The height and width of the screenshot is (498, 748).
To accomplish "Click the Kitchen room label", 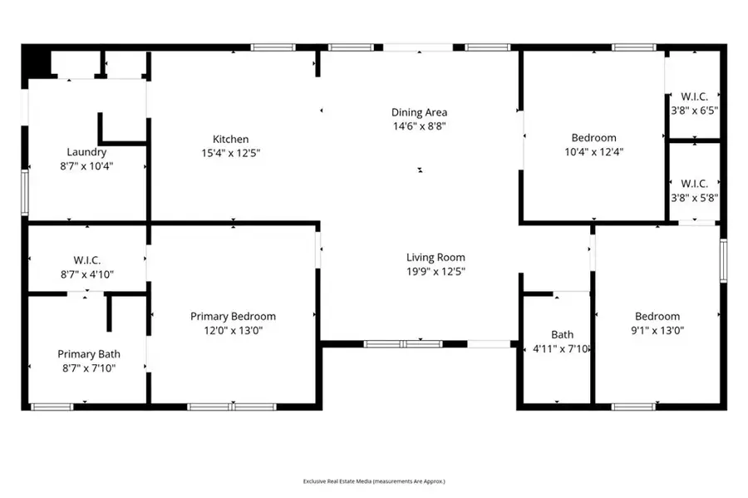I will click(x=230, y=139).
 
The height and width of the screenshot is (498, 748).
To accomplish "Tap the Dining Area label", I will click(x=420, y=112).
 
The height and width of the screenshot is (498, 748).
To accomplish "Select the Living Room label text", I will click(x=436, y=257).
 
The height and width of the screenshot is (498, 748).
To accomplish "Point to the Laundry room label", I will click(x=86, y=152).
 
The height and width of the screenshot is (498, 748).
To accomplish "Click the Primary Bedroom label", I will click(x=233, y=316).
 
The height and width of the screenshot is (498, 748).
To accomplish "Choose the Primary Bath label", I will click(x=86, y=353).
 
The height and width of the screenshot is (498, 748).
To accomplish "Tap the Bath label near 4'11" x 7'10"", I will click(x=563, y=335).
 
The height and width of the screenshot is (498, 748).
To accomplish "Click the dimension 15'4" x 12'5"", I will click(x=230, y=153).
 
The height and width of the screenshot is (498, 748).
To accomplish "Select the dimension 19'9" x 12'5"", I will click(x=436, y=271).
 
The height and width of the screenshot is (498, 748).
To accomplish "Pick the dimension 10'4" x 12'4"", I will click(x=593, y=151).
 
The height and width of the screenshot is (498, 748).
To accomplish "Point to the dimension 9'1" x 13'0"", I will click(x=657, y=330).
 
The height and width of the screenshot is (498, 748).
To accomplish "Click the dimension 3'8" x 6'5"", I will click(x=694, y=109).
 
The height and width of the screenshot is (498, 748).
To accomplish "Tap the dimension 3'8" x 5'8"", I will click(x=694, y=198).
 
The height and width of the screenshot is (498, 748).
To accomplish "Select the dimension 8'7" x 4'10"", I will click(x=86, y=274).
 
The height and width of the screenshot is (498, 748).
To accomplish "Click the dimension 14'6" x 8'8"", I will click(x=420, y=126).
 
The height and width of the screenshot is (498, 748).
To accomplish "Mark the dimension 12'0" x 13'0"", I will click(x=233, y=330).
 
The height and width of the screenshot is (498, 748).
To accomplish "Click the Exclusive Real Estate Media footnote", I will click(x=373, y=481).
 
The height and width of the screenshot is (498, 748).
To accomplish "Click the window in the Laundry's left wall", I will click(x=25, y=192).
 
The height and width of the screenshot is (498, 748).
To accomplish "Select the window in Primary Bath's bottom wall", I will click(x=52, y=407).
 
